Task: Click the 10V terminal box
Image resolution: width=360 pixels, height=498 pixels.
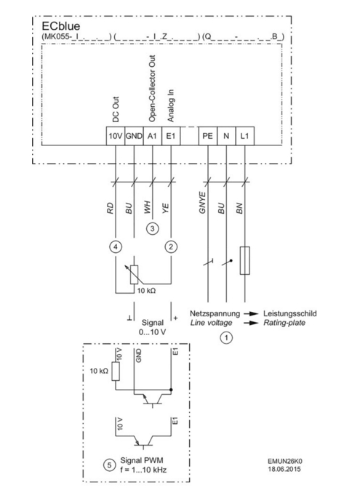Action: pyautogui.click(x=116, y=136)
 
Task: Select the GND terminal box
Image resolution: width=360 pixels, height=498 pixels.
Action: pyautogui.click(x=134, y=136)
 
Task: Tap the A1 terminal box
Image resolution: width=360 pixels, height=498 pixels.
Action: pyautogui.click(x=153, y=136)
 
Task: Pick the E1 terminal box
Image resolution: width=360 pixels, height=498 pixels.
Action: pyautogui.click(x=171, y=136)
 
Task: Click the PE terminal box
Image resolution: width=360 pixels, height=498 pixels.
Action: pyautogui.click(x=208, y=136)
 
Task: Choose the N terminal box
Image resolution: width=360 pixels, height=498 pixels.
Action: pyautogui.click(x=226, y=136)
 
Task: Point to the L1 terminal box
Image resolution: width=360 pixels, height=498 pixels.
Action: pyautogui.click(x=244, y=136)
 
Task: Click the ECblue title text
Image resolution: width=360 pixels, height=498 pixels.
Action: pyautogui.click(x=61, y=26)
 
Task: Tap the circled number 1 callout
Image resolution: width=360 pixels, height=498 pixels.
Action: pyautogui.click(x=226, y=337)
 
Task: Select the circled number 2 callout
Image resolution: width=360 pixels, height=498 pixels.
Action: pyautogui.click(x=171, y=246)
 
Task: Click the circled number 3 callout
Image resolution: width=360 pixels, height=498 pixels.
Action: pyautogui.click(x=153, y=228)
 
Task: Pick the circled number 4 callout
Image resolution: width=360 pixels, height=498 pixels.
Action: pyautogui.click(x=116, y=246)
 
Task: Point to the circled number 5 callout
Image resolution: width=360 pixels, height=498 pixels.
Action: pyautogui.click(x=110, y=465)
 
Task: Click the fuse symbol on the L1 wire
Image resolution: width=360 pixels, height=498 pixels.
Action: pyautogui.click(x=244, y=260)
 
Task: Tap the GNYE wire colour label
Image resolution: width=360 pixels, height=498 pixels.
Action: pyautogui.click(x=202, y=203)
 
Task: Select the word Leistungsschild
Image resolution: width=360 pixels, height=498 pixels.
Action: pyautogui.click(x=289, y=314)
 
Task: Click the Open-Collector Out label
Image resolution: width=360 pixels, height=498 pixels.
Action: pyautogui.click(x=152, y=88)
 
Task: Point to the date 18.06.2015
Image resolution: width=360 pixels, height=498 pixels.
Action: pyautogui.click(x=284, y=469)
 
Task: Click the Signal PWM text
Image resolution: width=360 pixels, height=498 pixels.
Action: pyautogui.click(x=142, y=460)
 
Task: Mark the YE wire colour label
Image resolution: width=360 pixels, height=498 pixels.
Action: pyautogui.click(x=166, y=208)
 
